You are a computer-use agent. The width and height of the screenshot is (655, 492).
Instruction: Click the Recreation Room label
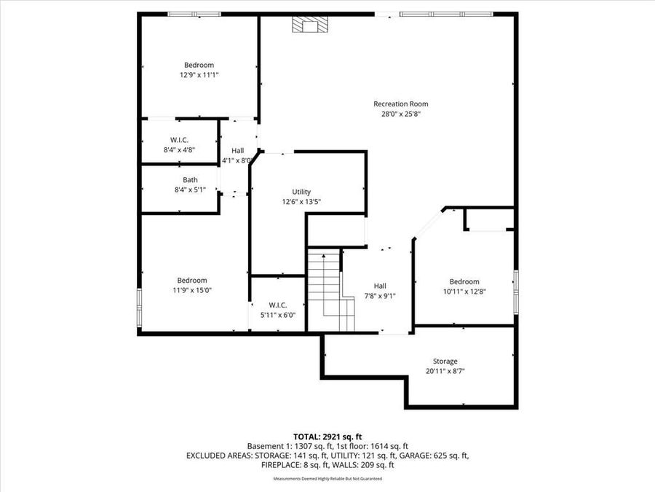[400, 104]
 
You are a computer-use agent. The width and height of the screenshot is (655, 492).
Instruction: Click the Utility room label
[301, 192]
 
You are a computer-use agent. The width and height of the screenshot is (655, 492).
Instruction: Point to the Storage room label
[445, 361]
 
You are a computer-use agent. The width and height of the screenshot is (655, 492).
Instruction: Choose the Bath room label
[190, 180]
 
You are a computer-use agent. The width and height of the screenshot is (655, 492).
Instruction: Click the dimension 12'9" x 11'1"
[199, 74]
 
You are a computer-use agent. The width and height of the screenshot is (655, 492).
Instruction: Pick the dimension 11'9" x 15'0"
[192, 290]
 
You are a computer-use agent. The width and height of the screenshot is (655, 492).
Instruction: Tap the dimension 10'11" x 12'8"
[464, 292]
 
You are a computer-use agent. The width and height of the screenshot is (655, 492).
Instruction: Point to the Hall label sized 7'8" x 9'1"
[380, 286]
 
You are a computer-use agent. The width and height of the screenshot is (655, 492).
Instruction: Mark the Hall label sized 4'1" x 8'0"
[237, 150]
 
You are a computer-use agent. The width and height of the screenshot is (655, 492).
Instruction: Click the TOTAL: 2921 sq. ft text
[327, 435]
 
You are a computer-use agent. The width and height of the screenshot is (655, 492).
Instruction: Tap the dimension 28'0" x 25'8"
[400, 114]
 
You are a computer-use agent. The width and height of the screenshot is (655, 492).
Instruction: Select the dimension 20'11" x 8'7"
[445, 371]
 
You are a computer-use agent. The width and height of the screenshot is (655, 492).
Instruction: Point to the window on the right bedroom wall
[515, 291]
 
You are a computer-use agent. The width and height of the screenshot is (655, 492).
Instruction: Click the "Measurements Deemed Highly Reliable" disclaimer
[327, 479]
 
